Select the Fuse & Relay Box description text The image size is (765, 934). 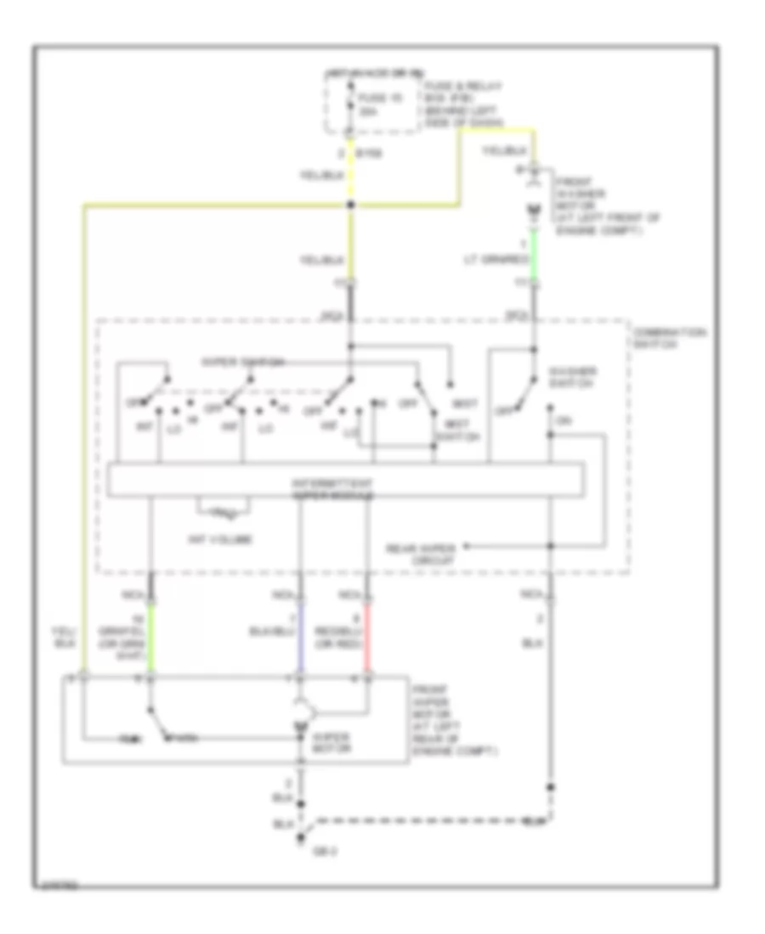coord(463,104)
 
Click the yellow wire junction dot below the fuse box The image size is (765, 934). coord(351,205)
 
